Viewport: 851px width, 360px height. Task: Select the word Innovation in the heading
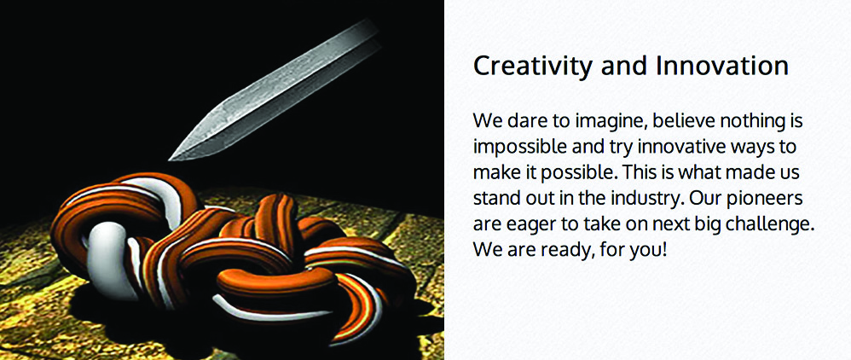(722, 66)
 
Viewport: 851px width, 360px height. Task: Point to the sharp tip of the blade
(170, 160)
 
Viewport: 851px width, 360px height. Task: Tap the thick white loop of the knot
(105, 256)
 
